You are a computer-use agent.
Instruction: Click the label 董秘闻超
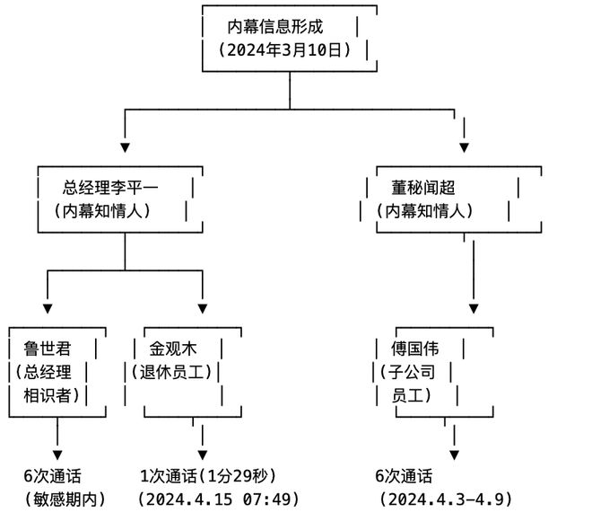[423, 188]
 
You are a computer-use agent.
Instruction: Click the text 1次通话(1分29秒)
[208, 476]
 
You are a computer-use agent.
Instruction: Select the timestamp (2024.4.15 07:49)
[218, 499]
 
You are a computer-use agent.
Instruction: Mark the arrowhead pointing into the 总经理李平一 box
[126, 146]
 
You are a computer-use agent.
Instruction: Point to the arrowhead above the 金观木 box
[203, 308]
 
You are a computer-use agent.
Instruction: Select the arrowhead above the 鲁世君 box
[48, 308]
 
